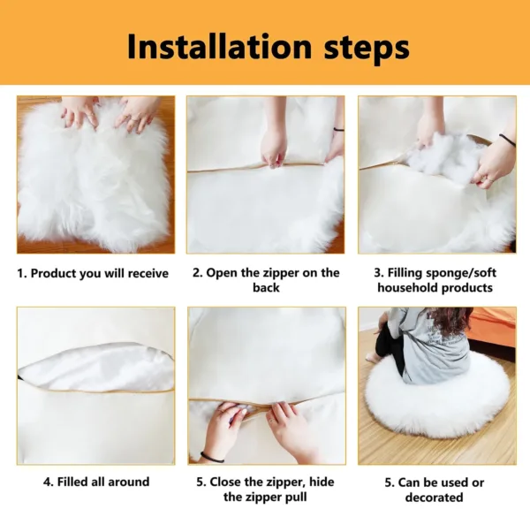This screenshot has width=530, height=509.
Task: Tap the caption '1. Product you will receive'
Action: (93, 273)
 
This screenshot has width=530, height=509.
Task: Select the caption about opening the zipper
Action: (266, 280)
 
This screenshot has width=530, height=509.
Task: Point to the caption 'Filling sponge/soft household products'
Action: (435, 280)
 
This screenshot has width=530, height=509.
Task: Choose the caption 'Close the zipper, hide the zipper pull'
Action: (266, 489)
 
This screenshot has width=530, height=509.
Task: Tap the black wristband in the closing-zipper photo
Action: (212, 457)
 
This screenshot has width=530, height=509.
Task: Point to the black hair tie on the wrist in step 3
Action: (507, 139)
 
